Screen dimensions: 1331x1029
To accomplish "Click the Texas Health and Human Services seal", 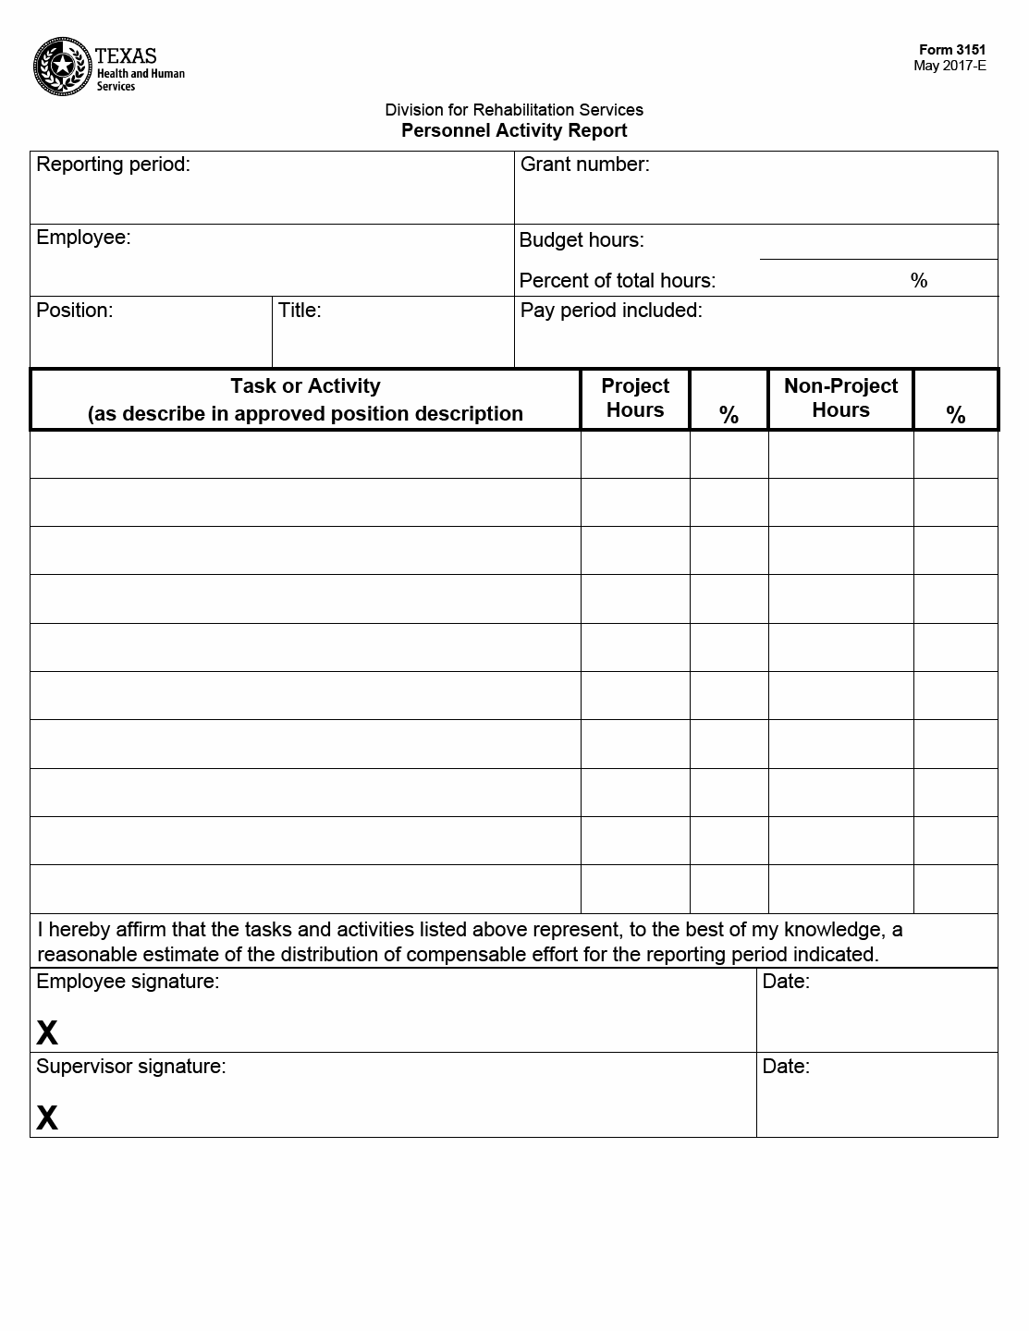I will coord(61,67).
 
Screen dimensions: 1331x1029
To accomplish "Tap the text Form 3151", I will coord(951,50).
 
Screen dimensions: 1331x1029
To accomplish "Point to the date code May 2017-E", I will coord(949,66).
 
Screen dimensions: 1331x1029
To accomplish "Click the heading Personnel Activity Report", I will coord(514,131).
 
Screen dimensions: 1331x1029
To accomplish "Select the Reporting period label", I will coord(113,165).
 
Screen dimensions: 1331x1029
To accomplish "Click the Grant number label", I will coord(584,165).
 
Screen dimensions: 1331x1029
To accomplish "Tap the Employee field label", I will coord(83,238).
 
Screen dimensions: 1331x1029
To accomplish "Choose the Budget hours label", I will coord(582,240).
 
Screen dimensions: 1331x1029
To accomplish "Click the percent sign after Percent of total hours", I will coord(918,281).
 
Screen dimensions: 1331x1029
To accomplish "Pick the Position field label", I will coord(74,311).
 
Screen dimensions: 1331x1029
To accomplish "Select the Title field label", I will coord(300,311).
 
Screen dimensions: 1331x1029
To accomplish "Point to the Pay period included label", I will coord(611,311).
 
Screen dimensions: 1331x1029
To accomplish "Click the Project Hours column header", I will coord(635,398).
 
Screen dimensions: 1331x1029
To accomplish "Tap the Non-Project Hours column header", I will coord(840,398).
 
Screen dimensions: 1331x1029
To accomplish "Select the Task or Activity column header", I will coord(305,399).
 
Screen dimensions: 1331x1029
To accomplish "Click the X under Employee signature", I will coord(47,1032).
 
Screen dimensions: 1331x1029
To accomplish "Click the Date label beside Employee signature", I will coord(786,982).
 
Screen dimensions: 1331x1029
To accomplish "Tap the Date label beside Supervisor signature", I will coord(786,1067).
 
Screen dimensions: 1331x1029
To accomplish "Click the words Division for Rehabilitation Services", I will coord(514,110).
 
